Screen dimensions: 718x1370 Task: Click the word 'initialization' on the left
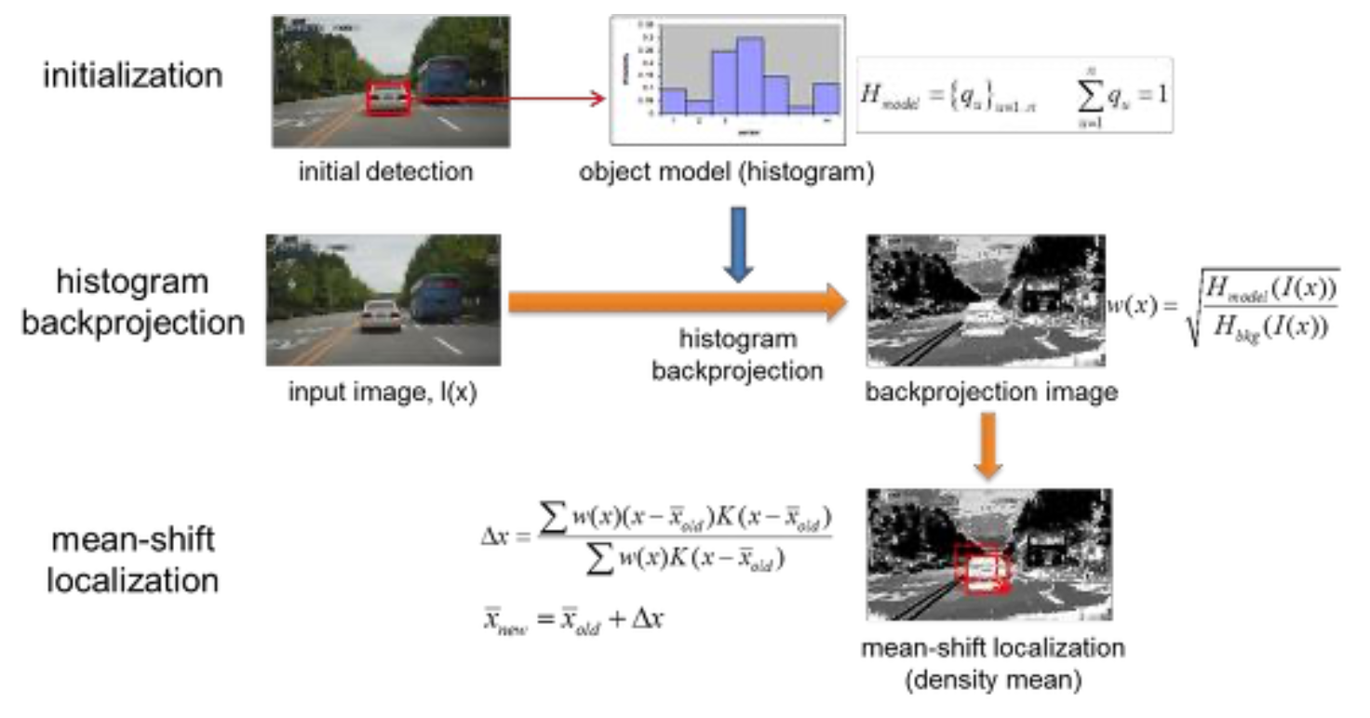coord(132,74)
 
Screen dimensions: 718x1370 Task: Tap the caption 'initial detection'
coord(385,172)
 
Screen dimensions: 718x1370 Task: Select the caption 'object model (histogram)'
coord(726,173)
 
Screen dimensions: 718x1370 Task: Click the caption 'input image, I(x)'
coord(383,392)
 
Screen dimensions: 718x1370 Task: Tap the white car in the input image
coord(381,315)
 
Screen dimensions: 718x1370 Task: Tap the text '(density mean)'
coord(992,681)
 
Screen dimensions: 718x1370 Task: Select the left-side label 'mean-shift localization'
coord(132,560)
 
